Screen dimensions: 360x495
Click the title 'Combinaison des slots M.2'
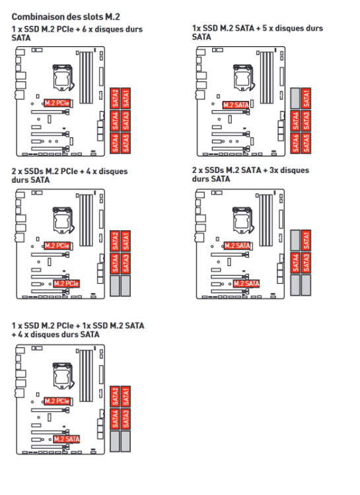click(66, 16)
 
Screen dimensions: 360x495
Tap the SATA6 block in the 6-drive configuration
click(115, 143)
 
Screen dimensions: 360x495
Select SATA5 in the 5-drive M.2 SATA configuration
click(306, 143)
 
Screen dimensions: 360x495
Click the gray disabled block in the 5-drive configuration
click(295, 98)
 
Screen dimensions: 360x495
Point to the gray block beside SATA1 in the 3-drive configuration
click(295, 240)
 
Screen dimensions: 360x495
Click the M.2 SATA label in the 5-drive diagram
click(236, 105)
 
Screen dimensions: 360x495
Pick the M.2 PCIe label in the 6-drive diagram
click(57, 103)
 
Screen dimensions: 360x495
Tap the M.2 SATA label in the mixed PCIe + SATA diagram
click(67, 439)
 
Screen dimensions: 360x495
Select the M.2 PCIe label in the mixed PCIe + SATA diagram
click(57, 401)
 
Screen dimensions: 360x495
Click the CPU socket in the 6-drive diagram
click(63, 77)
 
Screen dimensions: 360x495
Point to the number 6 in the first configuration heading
click(85, 29)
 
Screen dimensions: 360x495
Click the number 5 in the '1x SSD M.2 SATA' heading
click(265, 28)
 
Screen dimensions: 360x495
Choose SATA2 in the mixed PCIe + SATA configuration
click(115, 397)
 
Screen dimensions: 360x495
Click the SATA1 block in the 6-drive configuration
click(126, 98)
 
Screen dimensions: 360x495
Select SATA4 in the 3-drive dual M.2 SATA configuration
click(295, 262)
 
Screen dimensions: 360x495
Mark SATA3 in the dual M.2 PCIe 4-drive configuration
click(126, 263)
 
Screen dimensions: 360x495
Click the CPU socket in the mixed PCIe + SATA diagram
click(63, 376)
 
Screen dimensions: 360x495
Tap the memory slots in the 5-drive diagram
click(266, 78)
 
